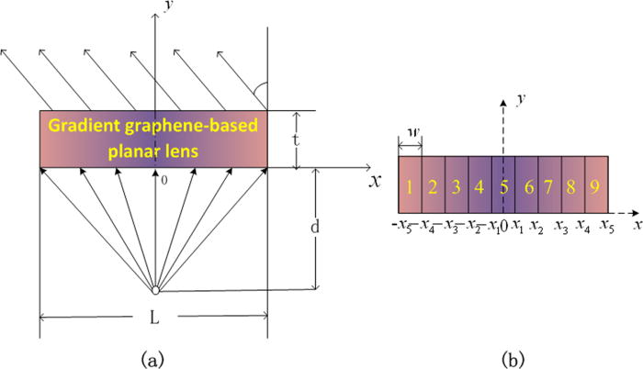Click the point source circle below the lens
(156, 291)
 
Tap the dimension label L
(154, 315)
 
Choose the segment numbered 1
(410, 188)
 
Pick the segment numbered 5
(503, 188)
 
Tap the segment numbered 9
(596, 188)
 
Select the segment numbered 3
(457, 188)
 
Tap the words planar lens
(153, 150)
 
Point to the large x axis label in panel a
(375, 181)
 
